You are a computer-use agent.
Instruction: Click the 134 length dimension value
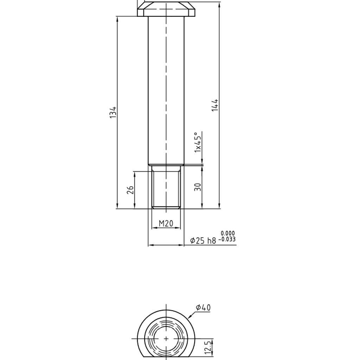click(113, 112)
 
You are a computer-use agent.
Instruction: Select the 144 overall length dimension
click(215, 105)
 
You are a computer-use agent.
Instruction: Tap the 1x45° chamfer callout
click(198, 142)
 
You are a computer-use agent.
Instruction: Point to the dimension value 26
click(130, 190)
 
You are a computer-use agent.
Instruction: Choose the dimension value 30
click(198, 187)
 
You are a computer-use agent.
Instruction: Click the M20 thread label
click(166, 223)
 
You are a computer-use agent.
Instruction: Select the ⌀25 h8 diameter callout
click(203, 240)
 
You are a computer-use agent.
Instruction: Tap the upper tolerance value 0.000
click(228, 233)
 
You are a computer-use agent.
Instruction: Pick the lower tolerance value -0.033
click(227, 239)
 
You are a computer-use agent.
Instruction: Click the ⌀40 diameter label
click(203, 307)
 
